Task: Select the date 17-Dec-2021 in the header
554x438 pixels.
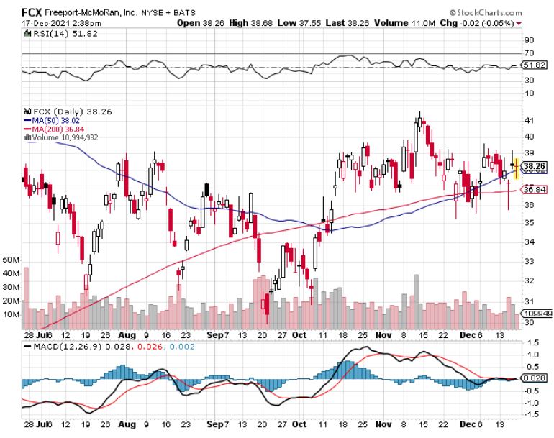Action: (42, 23)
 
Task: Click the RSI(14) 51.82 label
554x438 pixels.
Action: (53, 34)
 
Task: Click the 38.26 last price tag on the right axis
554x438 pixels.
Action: (534, 166)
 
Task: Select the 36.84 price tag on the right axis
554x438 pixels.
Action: (533, 190)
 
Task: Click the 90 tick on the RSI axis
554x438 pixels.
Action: (528, 40)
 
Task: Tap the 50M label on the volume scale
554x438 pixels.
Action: (11, 259)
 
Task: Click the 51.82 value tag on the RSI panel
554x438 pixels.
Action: (533, 65)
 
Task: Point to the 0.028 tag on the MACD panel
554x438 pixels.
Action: (534, 377)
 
